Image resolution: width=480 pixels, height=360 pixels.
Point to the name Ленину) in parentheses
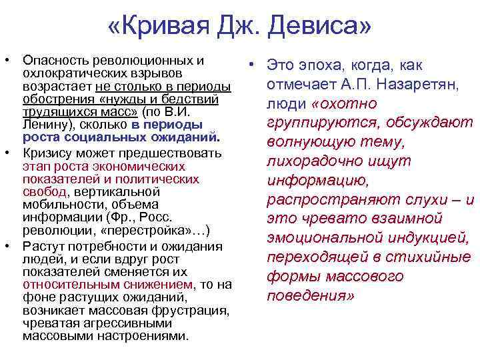[x=46, y=125]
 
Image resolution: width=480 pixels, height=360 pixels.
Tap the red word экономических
[x=138, y=167]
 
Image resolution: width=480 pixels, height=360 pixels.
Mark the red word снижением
[x=155, y=285]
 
